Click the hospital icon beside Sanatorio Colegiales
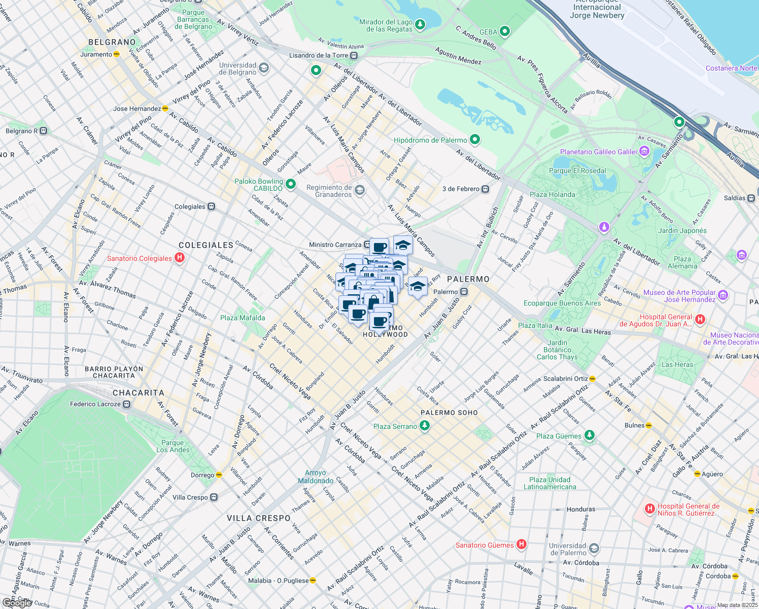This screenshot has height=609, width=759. coord(179,258)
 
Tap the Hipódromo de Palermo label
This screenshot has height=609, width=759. coord(430,140)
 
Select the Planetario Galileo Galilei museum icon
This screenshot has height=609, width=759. coord(644,151)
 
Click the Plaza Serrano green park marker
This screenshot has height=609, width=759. coord(425,426)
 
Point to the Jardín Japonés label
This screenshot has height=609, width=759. coord(682,230)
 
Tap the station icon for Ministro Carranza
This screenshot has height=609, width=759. coord(367,245)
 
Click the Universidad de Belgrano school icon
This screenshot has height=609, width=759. coord(263,68)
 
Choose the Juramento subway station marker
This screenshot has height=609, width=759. coord(117,54)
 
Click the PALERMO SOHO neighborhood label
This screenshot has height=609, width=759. coord(449,413)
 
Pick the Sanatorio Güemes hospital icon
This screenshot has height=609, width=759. coord(521,545)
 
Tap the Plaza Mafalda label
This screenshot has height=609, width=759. coord(243,318)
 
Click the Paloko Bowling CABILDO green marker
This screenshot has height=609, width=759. coord(291,184)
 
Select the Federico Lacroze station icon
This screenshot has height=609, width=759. coord(127,404)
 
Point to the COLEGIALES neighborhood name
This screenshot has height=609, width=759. coord(206,245)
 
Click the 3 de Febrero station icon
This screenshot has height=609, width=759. coord(486,189)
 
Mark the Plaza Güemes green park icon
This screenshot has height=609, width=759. coord(589,435)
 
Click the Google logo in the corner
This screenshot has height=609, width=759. coord(17,603)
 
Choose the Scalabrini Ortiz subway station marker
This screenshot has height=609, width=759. coord(593,379)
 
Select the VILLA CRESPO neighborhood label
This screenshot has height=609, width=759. coord(259,518)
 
